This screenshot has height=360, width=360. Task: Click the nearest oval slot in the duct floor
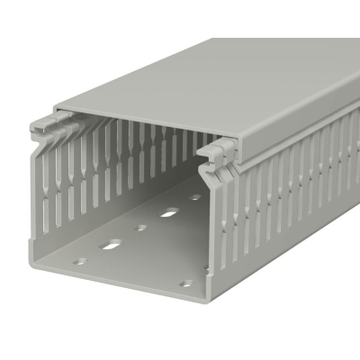112,244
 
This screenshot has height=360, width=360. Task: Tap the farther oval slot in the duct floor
169,213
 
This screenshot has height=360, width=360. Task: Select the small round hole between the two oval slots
141,228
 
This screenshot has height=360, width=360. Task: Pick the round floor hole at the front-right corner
184,283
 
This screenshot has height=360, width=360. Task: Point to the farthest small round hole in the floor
195,197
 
